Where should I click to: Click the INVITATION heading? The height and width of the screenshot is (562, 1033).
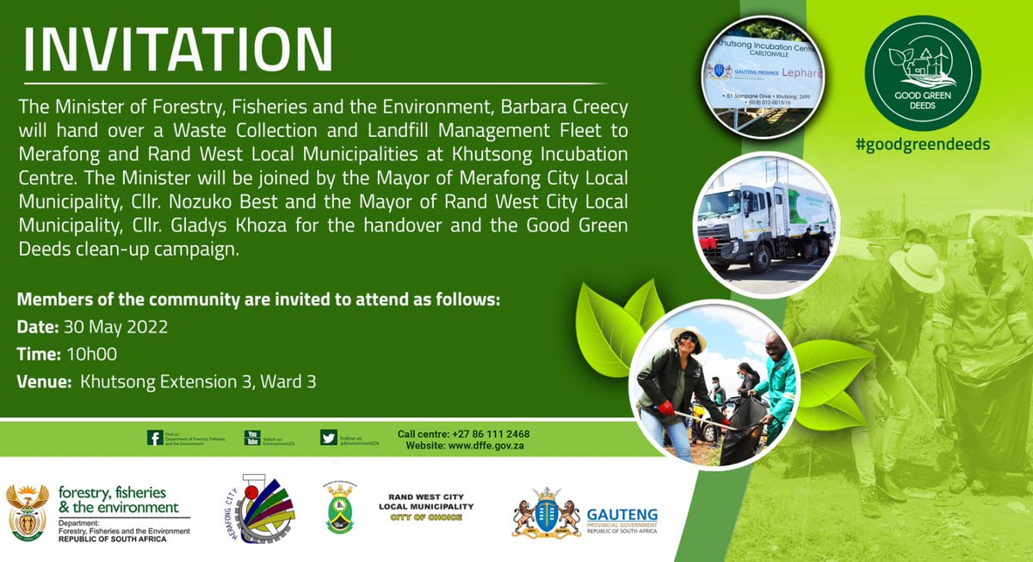click(x=178, y=50)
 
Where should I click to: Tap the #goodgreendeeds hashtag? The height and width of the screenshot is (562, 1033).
click(x=922, y=144)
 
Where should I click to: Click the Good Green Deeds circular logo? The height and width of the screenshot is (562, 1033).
click(x=922, y=73)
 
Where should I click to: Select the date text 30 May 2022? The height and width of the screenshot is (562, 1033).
click(x=114, y=327)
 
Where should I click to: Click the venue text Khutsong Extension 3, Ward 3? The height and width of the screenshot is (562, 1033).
click(x=198, y=380)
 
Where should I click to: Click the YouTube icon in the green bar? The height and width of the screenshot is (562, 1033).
click(x=252, y=438)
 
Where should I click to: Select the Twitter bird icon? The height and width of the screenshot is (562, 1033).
click(x=328, y=438)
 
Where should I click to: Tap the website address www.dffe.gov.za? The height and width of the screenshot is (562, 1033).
click(x=501, y=446)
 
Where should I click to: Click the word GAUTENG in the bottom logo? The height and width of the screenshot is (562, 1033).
click(x=622, y=515)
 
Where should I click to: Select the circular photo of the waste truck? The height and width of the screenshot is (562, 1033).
click(x=764, y=223)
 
